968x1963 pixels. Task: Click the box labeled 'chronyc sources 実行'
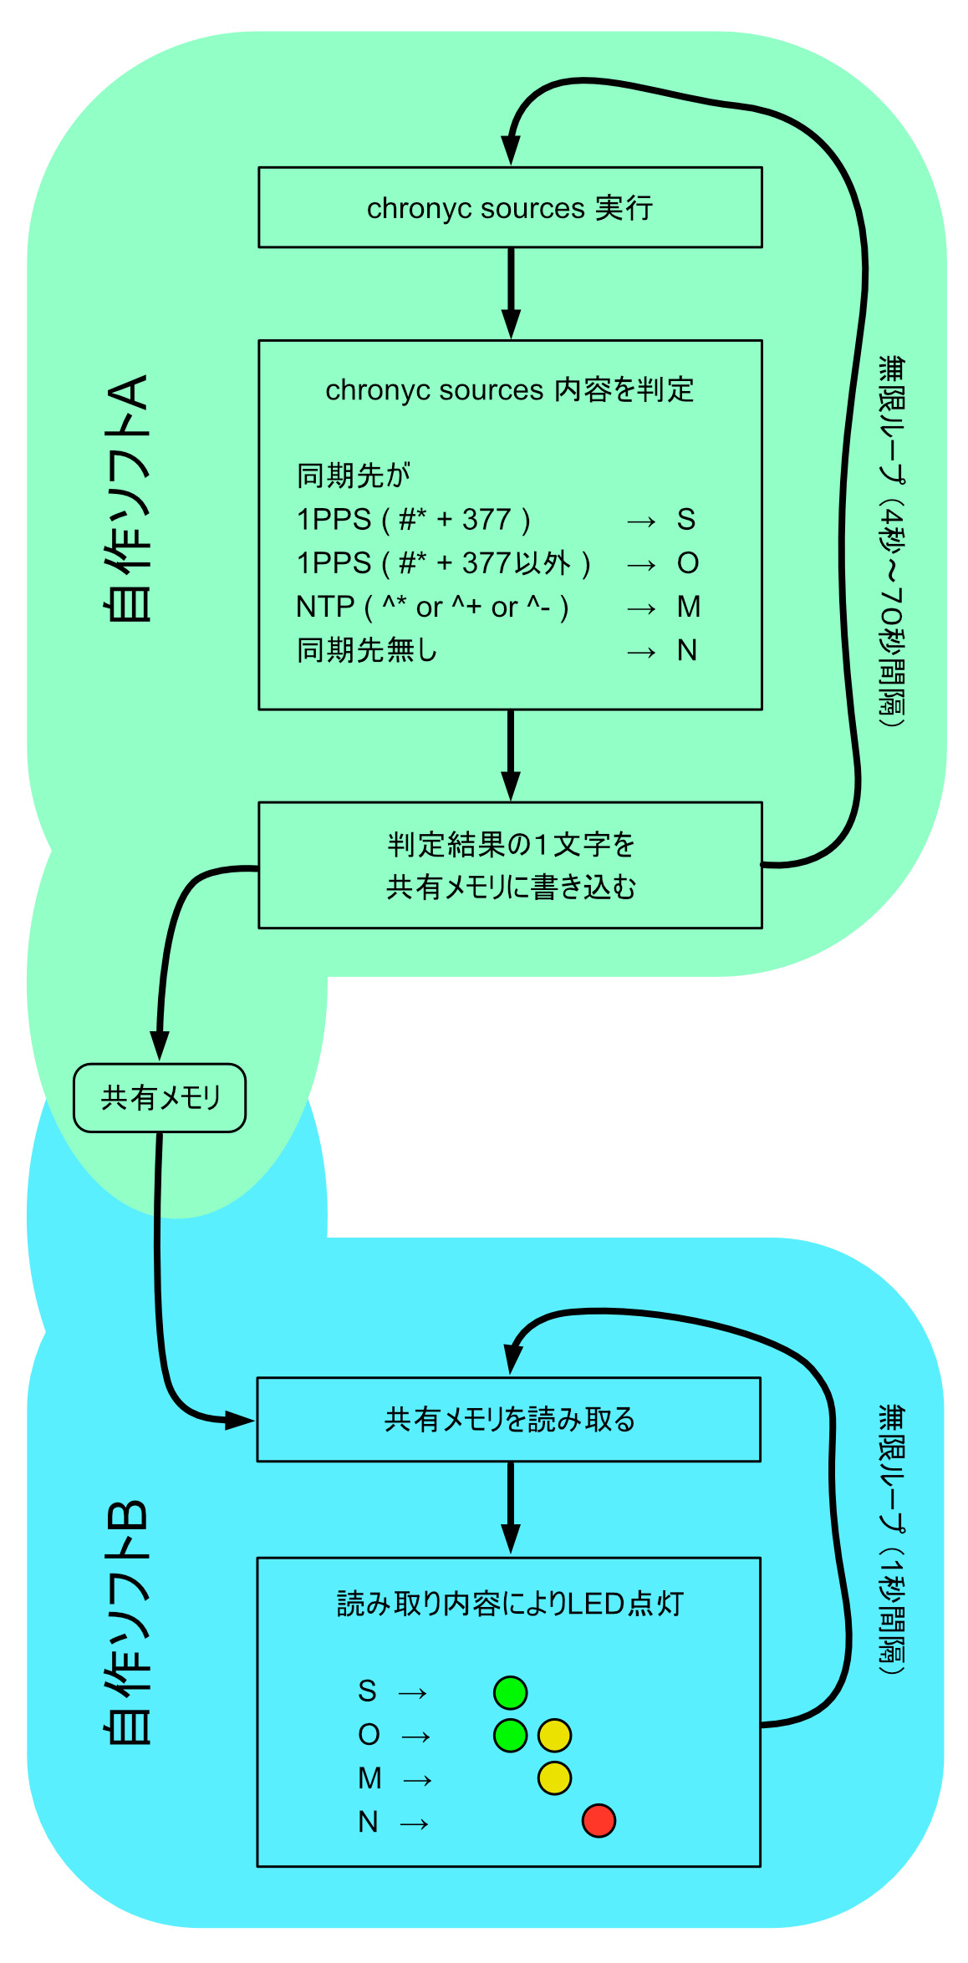coord(510,207)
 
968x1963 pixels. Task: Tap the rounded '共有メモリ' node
coord(160,1097)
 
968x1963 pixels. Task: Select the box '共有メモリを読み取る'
coord(509,1419)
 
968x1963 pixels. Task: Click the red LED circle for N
coord(599,1820)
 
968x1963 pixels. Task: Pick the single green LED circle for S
coord(510,1692)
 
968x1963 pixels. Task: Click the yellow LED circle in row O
coord(554,1735)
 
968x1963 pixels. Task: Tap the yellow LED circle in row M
coord(554,1777)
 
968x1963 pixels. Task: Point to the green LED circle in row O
coord(510,1735)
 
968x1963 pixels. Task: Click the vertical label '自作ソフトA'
coord(128,498)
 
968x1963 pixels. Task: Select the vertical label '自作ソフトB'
coord(128,1622)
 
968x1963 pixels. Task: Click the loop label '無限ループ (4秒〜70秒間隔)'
coord(892,542)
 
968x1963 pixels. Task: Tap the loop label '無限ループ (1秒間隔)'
coord(892,1538)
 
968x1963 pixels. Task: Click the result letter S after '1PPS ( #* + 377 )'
coord(686,520)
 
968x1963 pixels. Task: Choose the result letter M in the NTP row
coord(689,607)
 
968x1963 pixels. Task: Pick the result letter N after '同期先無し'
coord(687,650)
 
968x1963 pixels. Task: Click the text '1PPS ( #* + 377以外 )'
coord(443,563)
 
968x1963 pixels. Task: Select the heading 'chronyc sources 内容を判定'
coord(510,389)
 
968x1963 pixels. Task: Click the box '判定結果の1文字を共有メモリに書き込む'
coord(510,865)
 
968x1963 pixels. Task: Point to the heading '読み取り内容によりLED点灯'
coord(510,1604)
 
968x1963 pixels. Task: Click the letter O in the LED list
coord(369,1735)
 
